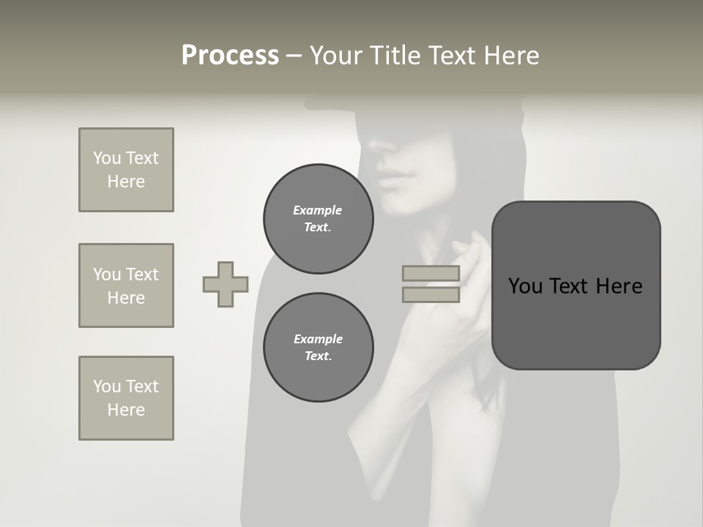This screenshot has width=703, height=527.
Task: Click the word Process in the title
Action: [x=230, y=56]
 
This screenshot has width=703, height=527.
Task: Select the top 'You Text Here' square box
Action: [x=126, y=170]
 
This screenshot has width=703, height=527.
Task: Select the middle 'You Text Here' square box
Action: [x=126, y=285]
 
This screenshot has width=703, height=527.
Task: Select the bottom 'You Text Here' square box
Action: [x=126, y=398]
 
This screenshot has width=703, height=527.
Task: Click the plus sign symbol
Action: [x=226, y=285]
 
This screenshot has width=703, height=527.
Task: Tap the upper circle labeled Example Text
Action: [x=318, y=219]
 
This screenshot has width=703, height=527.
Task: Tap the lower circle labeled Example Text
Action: [x=318, y=348]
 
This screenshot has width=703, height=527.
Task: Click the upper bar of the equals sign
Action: [x=431, y=274]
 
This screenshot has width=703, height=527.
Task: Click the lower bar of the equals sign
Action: [x=431, y=295]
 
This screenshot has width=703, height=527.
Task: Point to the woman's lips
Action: [x=395, y=177]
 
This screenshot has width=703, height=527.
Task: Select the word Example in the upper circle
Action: [x=317, y=210]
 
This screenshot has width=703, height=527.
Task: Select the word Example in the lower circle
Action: [x=318, y=339]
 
